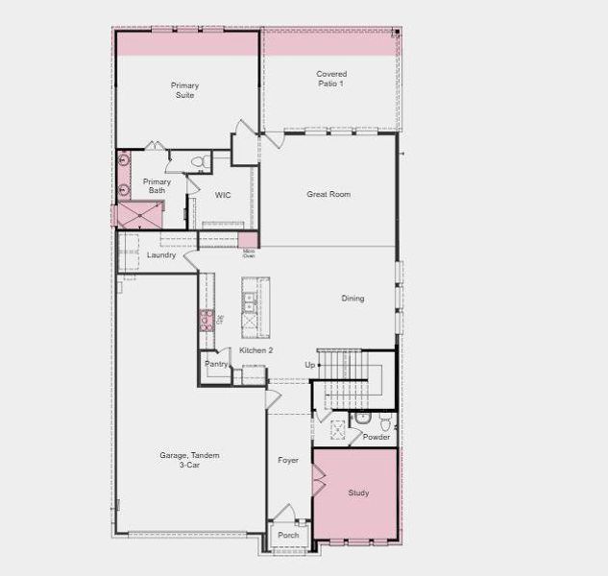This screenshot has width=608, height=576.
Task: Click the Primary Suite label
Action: point(185,90)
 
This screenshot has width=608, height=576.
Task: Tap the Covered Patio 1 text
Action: point(331,79)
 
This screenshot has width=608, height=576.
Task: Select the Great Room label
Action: point(328,195)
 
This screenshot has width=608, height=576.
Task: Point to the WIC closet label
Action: point(223,196)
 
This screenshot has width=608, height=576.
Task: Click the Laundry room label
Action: point(160,255)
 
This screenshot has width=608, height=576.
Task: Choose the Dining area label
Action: point(353,299)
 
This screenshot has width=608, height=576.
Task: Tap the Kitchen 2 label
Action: point(256,351)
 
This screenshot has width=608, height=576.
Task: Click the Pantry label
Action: point(215,365)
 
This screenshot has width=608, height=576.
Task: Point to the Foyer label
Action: point(288,461)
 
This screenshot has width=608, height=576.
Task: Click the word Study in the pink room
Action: point(358,493)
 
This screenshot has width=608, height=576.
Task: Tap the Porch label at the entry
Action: point(288,536)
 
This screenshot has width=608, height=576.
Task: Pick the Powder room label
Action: point(377,438)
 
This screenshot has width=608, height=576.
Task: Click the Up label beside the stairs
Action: point(309,366)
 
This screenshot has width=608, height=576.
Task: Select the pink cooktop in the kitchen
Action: point(206,322)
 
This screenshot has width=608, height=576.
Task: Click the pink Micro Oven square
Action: point(248,240)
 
